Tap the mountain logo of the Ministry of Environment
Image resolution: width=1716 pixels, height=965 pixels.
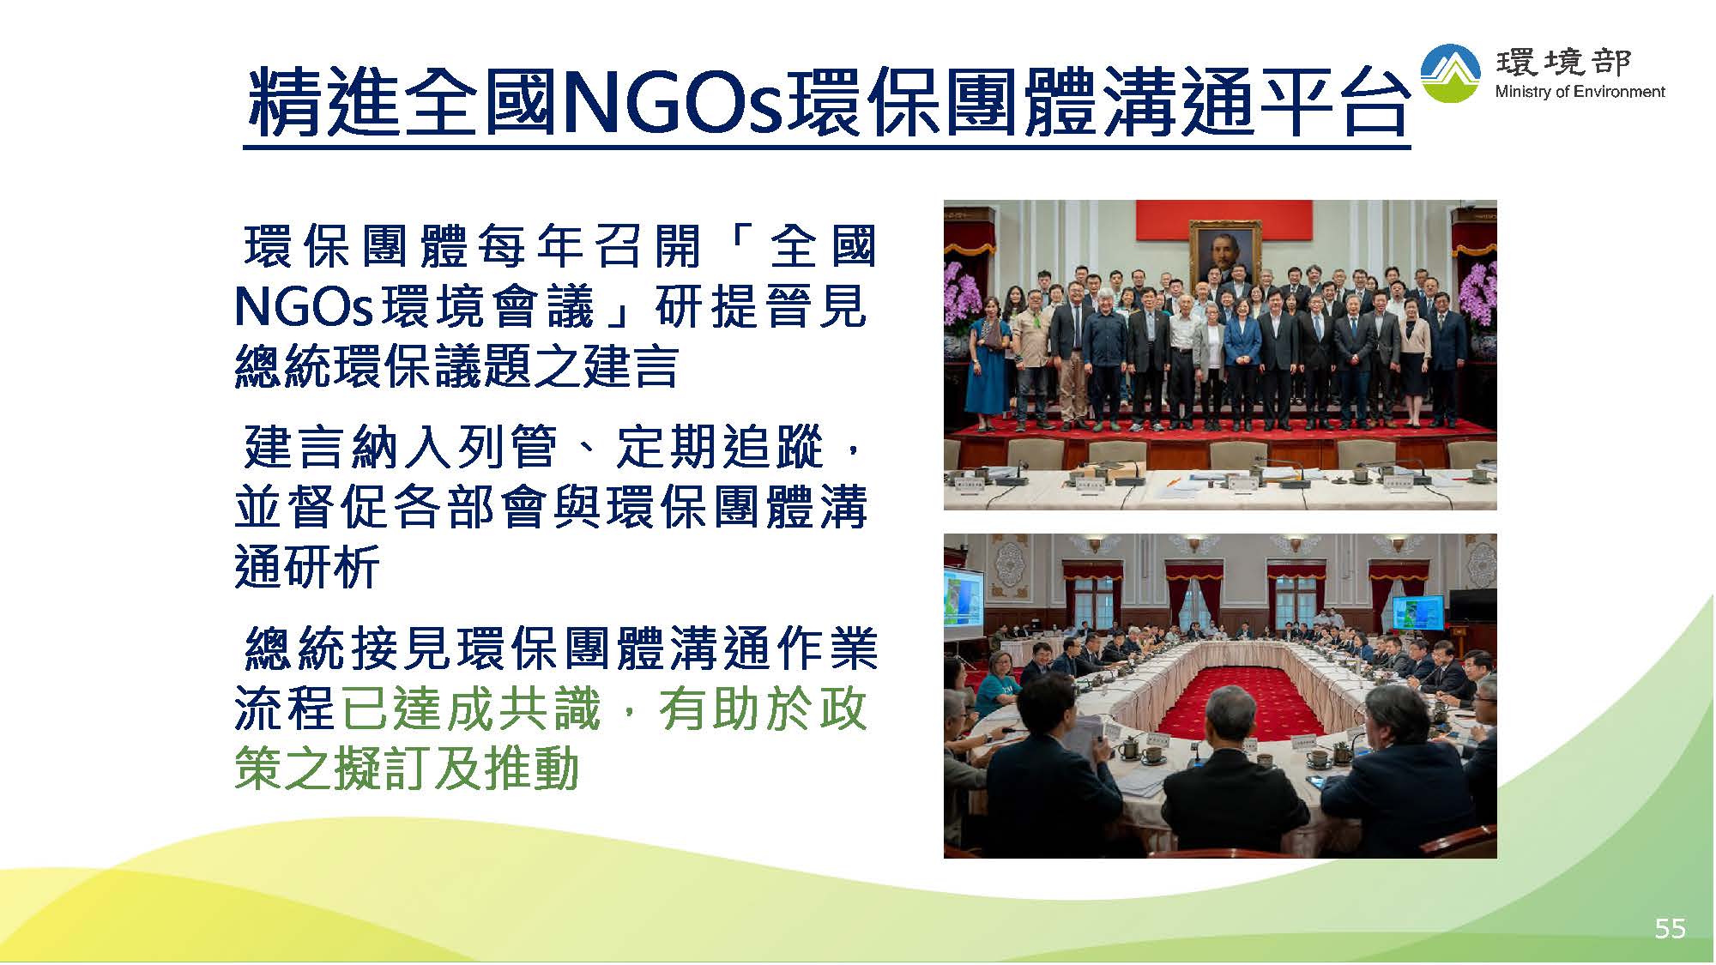(x=1450, y=74)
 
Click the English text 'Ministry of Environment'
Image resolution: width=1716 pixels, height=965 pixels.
(x=1580, y=92)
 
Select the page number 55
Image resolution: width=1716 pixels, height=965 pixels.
(x=1670, y=928)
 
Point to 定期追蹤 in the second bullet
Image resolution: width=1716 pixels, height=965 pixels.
(x=721, y=447)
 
